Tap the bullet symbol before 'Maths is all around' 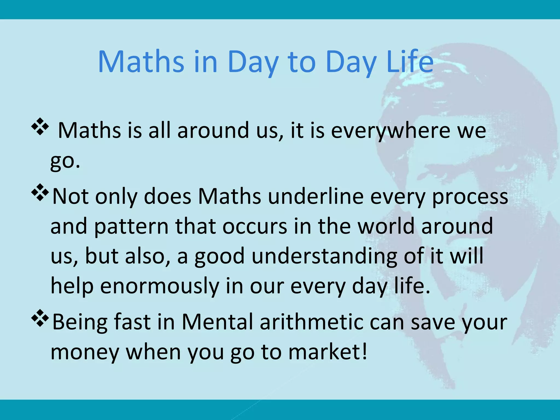[x=40, y=126]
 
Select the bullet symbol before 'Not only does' [x=40, y=192]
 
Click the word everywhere [x=390, y=131]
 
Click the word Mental [x=217, y=322]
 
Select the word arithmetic [x=311, y=322]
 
